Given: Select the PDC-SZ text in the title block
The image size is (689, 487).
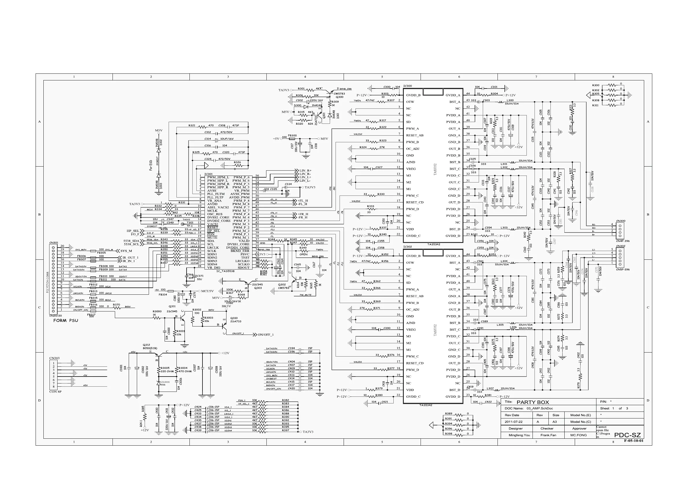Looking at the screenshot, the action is (627, 435).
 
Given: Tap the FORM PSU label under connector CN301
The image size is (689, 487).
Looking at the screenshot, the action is (66, 320).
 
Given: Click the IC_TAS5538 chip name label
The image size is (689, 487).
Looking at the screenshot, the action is (225, 271).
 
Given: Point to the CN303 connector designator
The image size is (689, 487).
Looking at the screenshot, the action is (54, 358).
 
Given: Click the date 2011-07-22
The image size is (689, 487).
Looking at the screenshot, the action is (513, 422).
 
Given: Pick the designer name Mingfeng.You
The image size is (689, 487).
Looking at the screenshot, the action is (519, 435).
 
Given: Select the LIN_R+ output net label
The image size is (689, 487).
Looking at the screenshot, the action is (305, 171).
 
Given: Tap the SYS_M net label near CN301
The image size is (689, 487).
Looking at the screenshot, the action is (126, 251).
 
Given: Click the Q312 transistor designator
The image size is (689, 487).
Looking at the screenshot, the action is (146, 345).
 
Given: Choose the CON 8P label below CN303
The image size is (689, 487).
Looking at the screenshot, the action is (55, 392).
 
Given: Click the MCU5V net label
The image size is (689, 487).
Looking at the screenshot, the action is (207, 291).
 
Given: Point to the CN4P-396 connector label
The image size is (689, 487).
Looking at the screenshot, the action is (623, 241).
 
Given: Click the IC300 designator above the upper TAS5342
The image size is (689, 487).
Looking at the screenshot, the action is (408, 86).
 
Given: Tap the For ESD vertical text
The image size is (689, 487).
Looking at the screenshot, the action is (151, 165).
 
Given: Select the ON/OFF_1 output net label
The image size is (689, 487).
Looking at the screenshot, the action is (266, 335).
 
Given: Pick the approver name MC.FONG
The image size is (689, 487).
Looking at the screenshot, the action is (578, 435).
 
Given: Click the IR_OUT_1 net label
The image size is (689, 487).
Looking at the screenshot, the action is (130, 258).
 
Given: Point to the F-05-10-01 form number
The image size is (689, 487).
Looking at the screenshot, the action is (633, 441).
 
